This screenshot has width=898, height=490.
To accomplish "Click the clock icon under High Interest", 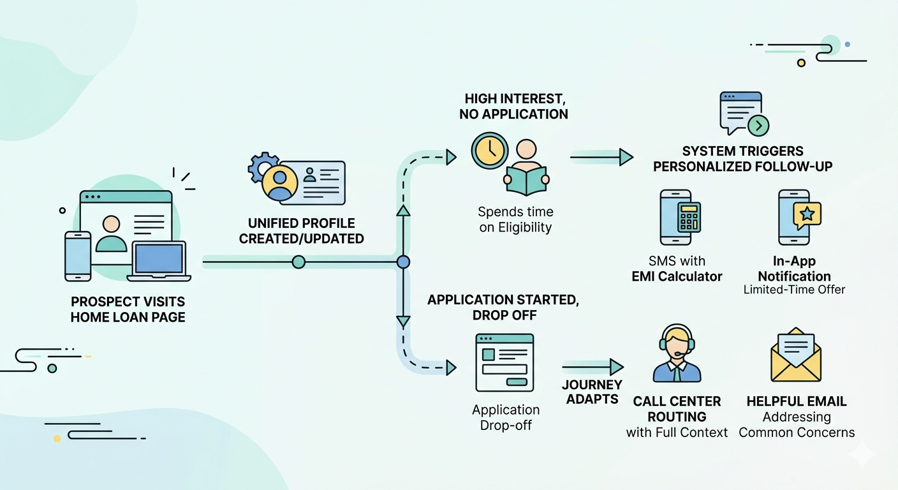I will point(489,151).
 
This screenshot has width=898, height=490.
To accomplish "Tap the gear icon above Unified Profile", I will point(262,167).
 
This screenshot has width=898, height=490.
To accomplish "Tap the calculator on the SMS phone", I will point(688,219).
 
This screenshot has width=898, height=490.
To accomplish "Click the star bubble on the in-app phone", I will point(807,214).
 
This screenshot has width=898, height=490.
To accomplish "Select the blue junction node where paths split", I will point(402,262).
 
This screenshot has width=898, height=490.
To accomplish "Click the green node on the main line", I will point(298,262).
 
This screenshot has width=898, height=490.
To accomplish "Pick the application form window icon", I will point(504,362).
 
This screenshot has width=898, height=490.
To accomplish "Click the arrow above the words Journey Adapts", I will point(593,367).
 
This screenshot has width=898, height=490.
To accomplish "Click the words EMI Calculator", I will point(677,276).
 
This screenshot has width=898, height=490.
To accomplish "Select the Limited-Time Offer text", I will point(794,290).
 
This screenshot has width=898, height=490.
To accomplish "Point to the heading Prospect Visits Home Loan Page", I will point(128,309).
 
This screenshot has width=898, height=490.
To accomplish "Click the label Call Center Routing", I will point(677,409).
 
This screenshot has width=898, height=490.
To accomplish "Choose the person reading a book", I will point(526,169).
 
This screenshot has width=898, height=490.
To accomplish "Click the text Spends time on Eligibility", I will point(515,219).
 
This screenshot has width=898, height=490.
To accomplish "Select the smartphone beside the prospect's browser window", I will point(78,255).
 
